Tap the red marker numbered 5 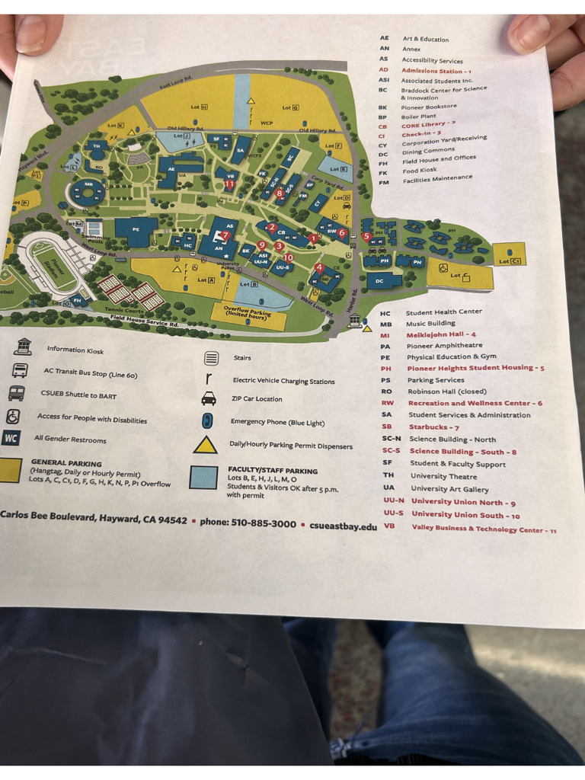pyautogui.click(x=367, y=236)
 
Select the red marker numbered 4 pyautogui.click(x=319, y=267)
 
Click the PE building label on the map pyautogui.click(x=136, y=229)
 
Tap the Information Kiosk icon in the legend pyautogui.click(x=24, y=347)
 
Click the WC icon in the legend pyautogui.click(x=11, y=438)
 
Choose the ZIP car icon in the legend pyautogui.click(x=209, y=398)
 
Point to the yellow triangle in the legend pyautogui.click(x=205, y=445)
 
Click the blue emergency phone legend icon pyautogui.click(x=207, y=421)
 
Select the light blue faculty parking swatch pyautogui.click(x=203, y=477)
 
